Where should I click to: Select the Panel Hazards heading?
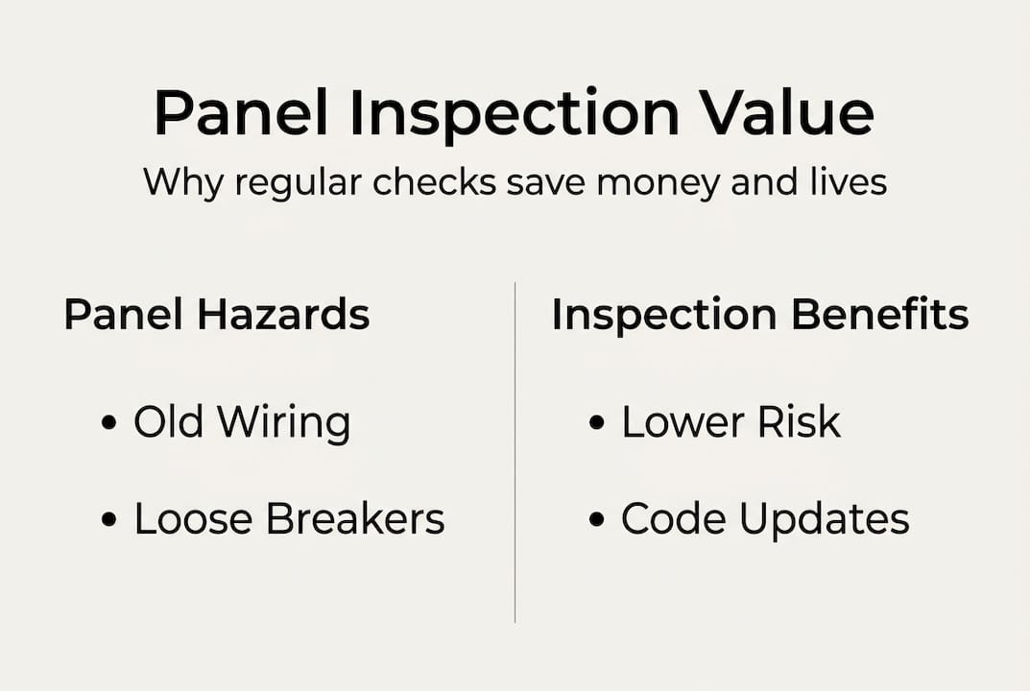pyautogui.click(x=217, y=316)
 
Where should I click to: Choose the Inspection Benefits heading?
pyautogui.click(x=759, y=316)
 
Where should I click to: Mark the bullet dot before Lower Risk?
pyautogui.click(x=597, y=423)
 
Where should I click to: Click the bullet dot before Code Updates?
pyautogui.click(x=597, y=520)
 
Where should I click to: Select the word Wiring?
pyautogui.click(x=284, y=423)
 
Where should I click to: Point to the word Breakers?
pyautogui.click(x=355, y=519)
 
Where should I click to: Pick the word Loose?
pyautogui.click(x=194, y=519)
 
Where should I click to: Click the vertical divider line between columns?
pyautogui.click(x=515, y=451)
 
